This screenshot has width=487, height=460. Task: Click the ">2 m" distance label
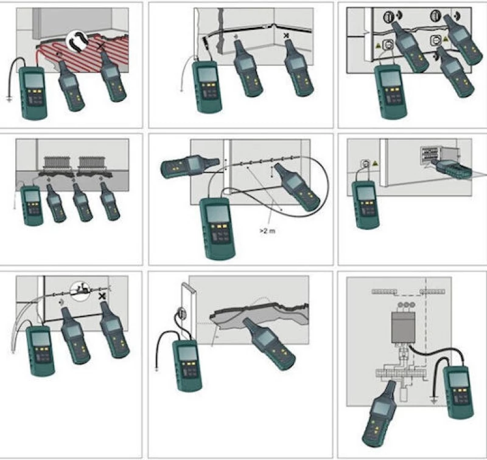coord(267,231)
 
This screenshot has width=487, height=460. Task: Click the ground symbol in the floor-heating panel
coord(9,99)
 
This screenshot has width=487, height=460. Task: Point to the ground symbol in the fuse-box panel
coord(434,402)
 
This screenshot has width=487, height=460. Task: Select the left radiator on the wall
coord(57,163)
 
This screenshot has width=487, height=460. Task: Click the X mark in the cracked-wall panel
coord(286,36)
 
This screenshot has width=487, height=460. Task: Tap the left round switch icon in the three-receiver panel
coord(388,16)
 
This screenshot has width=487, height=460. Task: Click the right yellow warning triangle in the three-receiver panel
coord(446,39)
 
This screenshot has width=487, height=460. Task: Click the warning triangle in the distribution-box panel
coord(375,163)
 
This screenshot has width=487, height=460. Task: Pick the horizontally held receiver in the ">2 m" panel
coord(189,166)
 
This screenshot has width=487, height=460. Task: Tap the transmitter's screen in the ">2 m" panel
coord(218,213)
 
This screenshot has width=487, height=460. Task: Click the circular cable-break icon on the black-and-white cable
coord(80,290)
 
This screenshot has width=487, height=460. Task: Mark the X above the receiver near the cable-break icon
coord(102,297)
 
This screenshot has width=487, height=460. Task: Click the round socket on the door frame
coord(181,312)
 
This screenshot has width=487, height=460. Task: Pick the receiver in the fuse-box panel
coord(379,413)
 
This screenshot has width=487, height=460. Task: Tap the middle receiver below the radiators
coord(82,202)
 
